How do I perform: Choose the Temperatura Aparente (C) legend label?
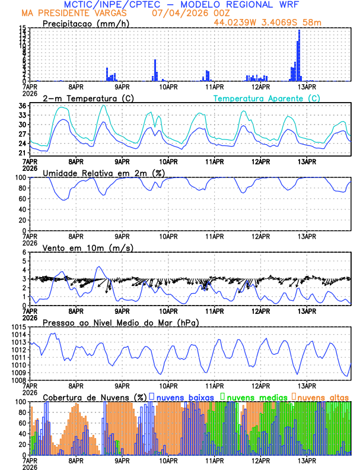(x=266, y=98)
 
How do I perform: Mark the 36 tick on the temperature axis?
(x=22, y=106)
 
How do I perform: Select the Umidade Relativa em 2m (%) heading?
(x=104, y=173)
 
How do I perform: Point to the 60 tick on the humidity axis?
(x=22, y=199)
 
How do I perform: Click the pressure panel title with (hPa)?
(x=120, y=322)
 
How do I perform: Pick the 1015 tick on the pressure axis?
(x=18, y=328)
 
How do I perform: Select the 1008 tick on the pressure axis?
(x=18, y=380)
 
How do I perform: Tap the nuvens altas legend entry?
(x=321, y=396)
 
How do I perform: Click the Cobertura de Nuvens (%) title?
(x=95, y=396)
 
